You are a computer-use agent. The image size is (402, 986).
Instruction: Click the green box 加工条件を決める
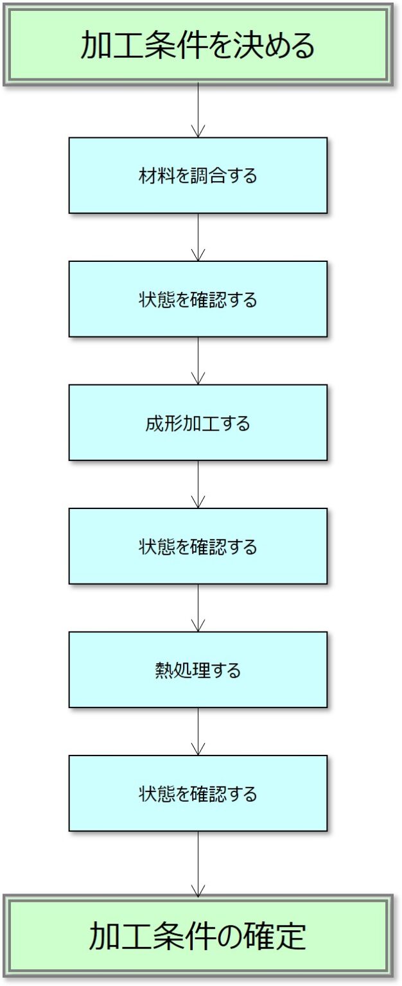pos(198,45)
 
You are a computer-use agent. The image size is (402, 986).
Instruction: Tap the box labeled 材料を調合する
pos(198,175)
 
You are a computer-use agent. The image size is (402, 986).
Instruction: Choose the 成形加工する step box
pos(198,422)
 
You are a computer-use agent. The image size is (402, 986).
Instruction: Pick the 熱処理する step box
pos(198,670)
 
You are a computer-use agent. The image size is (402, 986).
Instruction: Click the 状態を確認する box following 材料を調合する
pos(198,299)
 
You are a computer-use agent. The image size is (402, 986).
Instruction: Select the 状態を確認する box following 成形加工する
pos(198,546)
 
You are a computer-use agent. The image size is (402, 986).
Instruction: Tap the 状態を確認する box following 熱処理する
pos(198,793)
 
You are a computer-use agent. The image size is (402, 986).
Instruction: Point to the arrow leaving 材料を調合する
pos(198,237)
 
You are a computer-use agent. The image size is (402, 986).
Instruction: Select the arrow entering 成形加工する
pos(198,361)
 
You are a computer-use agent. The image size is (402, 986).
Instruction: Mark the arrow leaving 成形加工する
pos(198,484)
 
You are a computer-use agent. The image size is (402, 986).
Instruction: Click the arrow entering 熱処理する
pos(198,608)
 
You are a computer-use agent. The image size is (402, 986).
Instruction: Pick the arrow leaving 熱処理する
pos(198,731)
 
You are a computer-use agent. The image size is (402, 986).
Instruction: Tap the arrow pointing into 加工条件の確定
pos(198,863)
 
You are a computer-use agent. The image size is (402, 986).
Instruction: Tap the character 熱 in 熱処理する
pos(163,671)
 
